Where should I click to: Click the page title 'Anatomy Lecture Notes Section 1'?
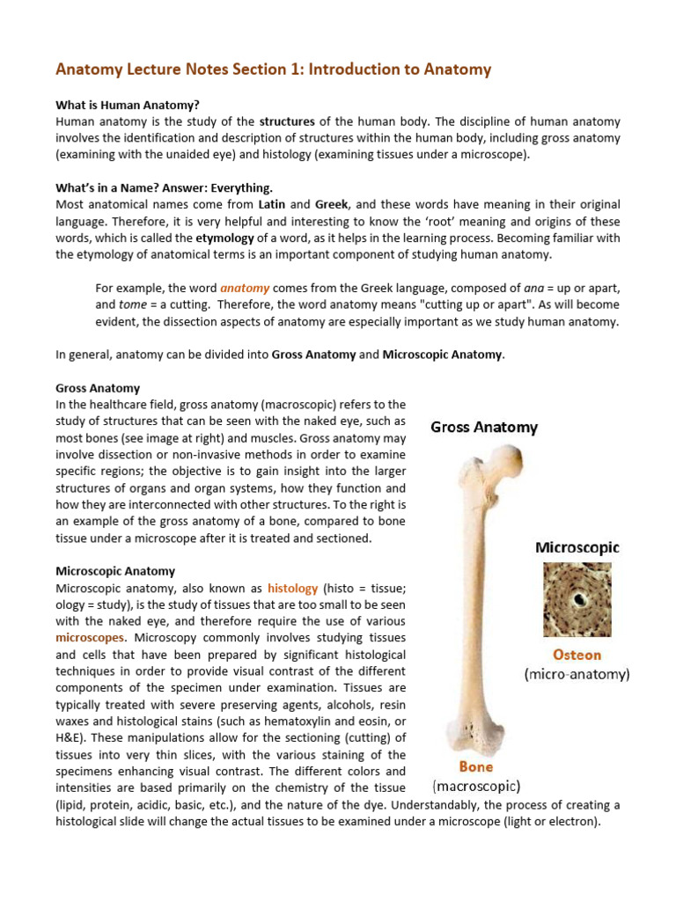[x=273, y=69]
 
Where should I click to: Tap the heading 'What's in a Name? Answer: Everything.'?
[x=164, y=187]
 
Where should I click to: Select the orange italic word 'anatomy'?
[x=245, y=288]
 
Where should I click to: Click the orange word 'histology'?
[x=292, y=588]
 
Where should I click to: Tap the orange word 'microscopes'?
[x=91, y=637]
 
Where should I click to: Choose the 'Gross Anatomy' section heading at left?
[x=98, y=388]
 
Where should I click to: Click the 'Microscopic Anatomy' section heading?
[x=115, y=571]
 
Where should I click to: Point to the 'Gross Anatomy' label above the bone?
[x=483, y=428]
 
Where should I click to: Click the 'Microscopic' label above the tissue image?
[x=577, y=547]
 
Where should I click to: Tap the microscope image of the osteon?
[x=577, y=601]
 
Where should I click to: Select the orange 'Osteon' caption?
[x=577, y=655]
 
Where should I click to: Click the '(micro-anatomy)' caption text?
[x=577, y=675]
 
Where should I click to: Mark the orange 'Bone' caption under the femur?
[x=476, y=766]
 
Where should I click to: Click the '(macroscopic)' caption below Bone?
[x=476, y=786]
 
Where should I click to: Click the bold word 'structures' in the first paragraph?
[x=288, y=122]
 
